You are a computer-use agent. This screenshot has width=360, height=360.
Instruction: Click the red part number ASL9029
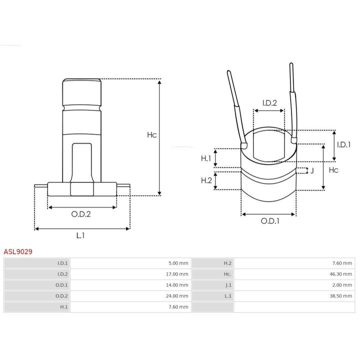[x=18, y=251]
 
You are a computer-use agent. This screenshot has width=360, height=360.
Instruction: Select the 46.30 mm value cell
[x=340, y=274]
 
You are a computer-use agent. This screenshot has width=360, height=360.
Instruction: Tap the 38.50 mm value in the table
[x=340, y=296]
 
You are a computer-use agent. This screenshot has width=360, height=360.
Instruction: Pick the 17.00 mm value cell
[x=177, y=274]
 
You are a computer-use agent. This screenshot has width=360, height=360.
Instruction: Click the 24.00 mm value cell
[x=177, y=296]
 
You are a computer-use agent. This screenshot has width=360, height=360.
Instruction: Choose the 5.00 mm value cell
[x=178, y=263]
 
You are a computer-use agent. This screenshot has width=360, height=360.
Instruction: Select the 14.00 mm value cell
[x=177, y=285]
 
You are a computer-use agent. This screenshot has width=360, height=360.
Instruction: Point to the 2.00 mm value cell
[x=342, y=285]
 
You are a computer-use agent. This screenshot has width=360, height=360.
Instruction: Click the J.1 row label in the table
[x=228, y=285]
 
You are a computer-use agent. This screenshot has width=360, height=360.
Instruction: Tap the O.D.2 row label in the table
[x=61, y=296]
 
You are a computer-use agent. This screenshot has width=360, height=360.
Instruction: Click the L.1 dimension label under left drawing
[x=80, y=235]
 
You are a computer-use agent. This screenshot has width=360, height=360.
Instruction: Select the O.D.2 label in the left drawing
[x=81, y=214]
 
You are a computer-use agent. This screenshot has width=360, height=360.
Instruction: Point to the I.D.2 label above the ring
[x=269, y=103]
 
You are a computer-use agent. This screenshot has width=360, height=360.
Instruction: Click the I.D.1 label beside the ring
[x=343, y=144]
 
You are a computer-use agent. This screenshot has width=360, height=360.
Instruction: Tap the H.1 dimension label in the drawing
[x=206, y=158]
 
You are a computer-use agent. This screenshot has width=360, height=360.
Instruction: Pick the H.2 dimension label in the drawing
[x=206, y=180]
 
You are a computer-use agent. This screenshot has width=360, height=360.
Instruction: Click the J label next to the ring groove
[x=312, y=170]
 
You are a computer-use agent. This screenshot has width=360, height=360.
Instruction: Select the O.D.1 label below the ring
[x=270, y=221]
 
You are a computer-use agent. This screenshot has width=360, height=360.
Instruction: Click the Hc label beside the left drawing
[x=152, y=135]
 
